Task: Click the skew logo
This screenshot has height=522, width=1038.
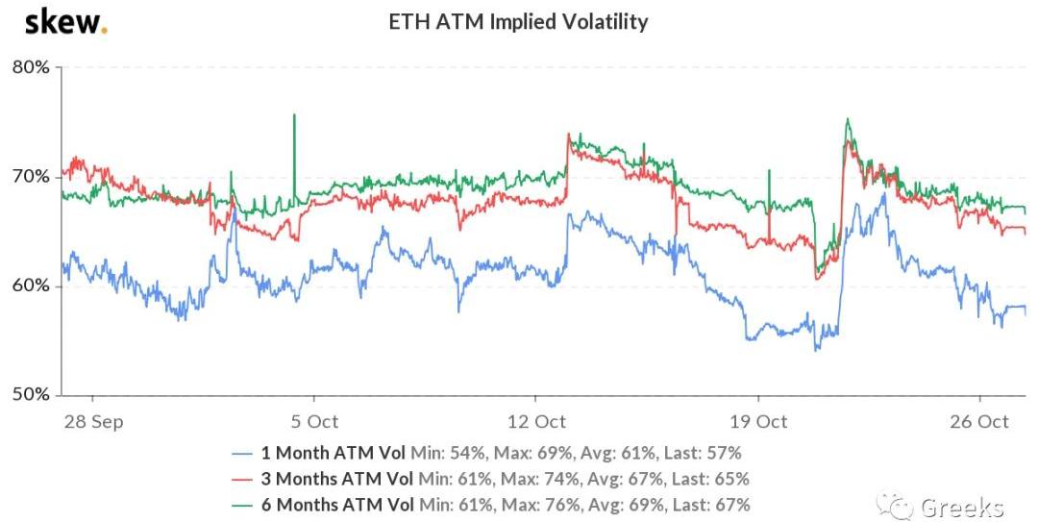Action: pos(65,21)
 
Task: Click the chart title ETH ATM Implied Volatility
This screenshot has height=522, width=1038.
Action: pos(518,21)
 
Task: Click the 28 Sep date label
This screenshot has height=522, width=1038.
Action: pos(92,421)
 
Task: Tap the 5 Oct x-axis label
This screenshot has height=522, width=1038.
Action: pos(313,421)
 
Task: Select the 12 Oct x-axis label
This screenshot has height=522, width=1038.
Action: pos(535,421)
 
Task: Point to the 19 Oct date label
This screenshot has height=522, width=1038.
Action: pos(758,421)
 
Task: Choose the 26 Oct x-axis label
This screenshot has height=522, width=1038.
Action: pos(979,421)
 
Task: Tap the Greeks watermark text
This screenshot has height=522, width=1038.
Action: pos(961,508)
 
